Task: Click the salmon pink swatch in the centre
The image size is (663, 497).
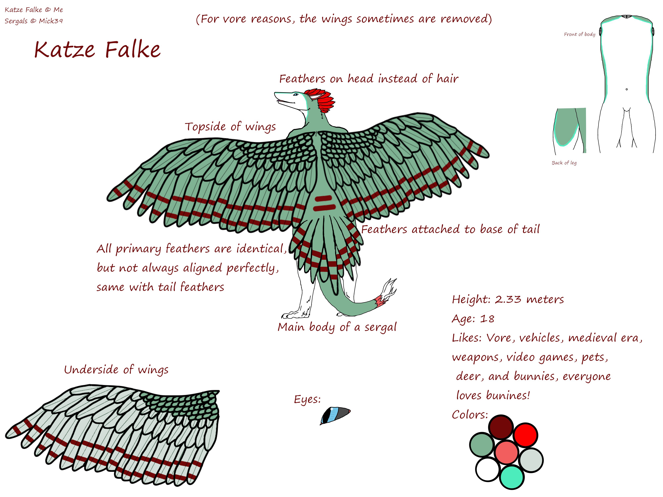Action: click(507, 452)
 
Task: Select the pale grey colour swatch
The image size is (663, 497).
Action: click(531, 460)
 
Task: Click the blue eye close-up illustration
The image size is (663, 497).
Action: click(335, 415)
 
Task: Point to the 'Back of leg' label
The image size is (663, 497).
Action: click(564, 163)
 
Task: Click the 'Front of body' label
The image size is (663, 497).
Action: click(579, 34)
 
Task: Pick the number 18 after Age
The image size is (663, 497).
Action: click(487, 318)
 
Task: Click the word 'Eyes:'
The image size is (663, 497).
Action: click(307, 399)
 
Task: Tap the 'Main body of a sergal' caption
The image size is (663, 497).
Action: click(337, 327)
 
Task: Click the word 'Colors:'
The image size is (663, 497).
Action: click(470, 415)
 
